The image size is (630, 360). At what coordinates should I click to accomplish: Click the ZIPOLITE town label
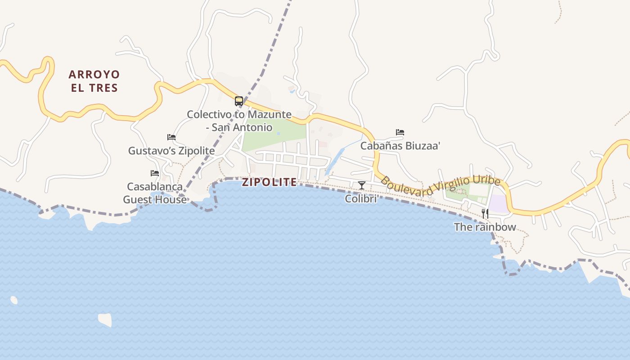point(269,182)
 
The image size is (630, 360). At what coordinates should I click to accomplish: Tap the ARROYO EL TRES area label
point(94,81)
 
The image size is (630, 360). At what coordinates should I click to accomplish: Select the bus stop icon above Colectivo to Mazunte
point(239,101)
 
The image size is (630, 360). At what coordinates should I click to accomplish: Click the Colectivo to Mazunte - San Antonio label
point(239,121)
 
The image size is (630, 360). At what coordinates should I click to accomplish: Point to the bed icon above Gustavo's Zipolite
point(171,137)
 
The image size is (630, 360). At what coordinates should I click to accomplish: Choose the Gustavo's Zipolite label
point(171,151)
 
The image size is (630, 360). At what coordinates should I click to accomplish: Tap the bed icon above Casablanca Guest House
point(155,173)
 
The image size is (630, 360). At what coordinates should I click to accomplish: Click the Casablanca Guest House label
point(155,193)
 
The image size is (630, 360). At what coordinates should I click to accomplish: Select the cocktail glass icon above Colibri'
point(361,185)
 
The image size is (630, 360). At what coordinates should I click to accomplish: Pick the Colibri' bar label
point(361,198)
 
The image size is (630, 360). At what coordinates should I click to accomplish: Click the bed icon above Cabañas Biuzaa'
point(400,132)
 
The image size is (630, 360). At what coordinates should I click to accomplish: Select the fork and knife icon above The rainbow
point(485,213)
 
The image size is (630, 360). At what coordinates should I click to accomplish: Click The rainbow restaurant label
point(485,227)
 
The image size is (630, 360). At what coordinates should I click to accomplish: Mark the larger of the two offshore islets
point(105,319)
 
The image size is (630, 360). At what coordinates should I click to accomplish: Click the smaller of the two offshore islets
point(14,300)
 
